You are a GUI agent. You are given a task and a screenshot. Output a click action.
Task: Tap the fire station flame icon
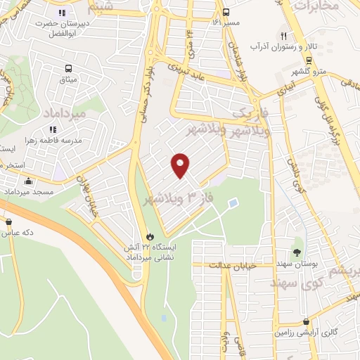(x=148, y=236)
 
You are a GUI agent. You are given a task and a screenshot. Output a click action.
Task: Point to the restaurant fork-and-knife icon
(x=284, y=36)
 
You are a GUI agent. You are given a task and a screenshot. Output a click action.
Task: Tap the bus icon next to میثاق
(x=69, y=69)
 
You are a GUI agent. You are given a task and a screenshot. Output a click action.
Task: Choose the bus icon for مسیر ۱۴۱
(x=226, y=13)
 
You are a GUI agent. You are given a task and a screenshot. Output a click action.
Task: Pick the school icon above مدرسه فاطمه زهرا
(x=53, y=129)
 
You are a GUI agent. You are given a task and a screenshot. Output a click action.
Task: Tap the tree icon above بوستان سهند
(x=297, y=251)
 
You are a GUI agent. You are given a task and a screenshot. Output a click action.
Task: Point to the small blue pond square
(x=233, y=204)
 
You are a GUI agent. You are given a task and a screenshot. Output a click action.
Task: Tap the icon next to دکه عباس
(x=8, y=223)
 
